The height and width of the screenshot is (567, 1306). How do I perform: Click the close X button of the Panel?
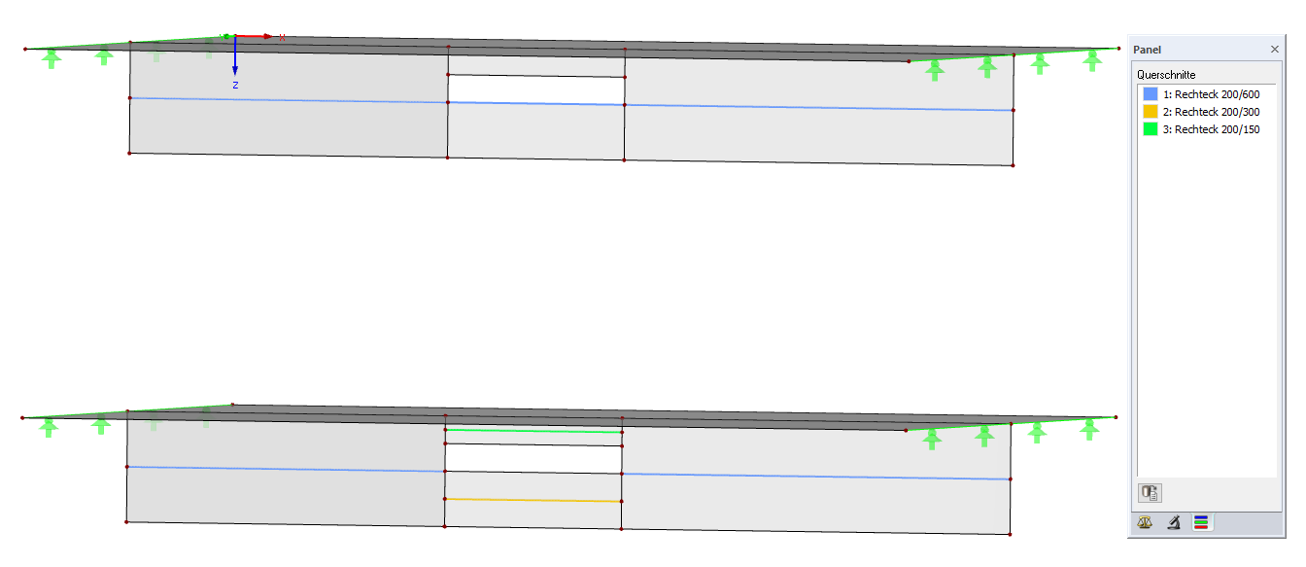coord(1275,49)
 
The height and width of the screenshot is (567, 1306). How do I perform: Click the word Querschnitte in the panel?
coord(1166,75)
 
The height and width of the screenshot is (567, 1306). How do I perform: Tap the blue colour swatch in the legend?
coord(1151,94)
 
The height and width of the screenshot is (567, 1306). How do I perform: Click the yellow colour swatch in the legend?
coord(1151,112)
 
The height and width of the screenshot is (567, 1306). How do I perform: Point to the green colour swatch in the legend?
coord(1151,129)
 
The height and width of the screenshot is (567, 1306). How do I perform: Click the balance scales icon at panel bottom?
coord(1147,523)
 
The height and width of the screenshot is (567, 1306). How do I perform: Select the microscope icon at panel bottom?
coord(1174,523)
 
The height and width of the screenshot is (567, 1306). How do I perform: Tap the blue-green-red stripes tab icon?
coord(1201,523)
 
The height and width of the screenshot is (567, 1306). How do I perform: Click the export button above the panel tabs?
coord(1151,492)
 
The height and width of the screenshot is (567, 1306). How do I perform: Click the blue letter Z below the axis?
coord(235,86)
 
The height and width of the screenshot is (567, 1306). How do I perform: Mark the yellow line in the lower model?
coord(533,500)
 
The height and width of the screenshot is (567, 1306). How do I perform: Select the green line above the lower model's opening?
coord(533,431)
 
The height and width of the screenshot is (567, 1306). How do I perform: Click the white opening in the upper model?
coord(535,89)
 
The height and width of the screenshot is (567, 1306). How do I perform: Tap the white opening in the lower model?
coord(533,458)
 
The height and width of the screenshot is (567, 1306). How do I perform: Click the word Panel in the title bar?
coord(1147,50)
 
